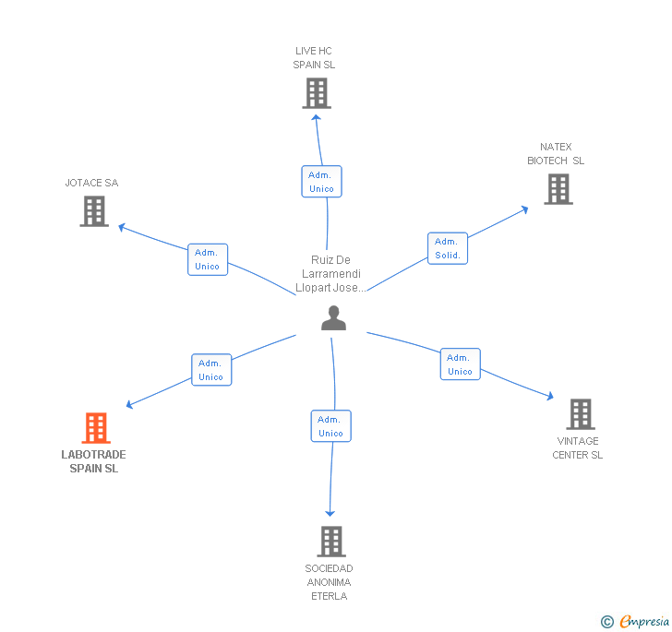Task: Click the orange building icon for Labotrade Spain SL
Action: (x=96, y=428)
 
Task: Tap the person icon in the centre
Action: (x=333, y=318)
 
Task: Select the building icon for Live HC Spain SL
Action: (x=316, y=93)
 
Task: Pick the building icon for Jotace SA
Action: (x=94, y=211)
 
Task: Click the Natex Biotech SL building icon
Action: (x=558, y=189)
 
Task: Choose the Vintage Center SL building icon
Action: (x=580, y=414)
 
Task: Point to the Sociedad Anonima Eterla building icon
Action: (x=330, y=542)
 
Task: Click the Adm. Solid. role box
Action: (x=448, y=247)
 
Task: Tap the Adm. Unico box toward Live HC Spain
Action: (x=321, y=181)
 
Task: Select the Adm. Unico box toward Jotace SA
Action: (x=208, y=259)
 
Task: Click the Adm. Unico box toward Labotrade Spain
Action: (x=211, y=369)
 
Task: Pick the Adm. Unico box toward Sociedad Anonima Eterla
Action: (x=330, y=425)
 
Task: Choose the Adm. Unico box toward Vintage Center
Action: (x=460, y=364)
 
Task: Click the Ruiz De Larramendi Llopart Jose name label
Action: (x=331, y=274)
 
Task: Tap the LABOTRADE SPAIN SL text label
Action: (x=94, y=461)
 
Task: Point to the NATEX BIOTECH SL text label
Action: (x=556, y=154)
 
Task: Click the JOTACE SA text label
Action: (x=91, y=183)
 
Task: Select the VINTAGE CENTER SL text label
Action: (x=578, y=447)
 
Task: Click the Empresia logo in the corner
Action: (x=635, y=621)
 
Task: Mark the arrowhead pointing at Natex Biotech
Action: (x=524, y=209)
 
